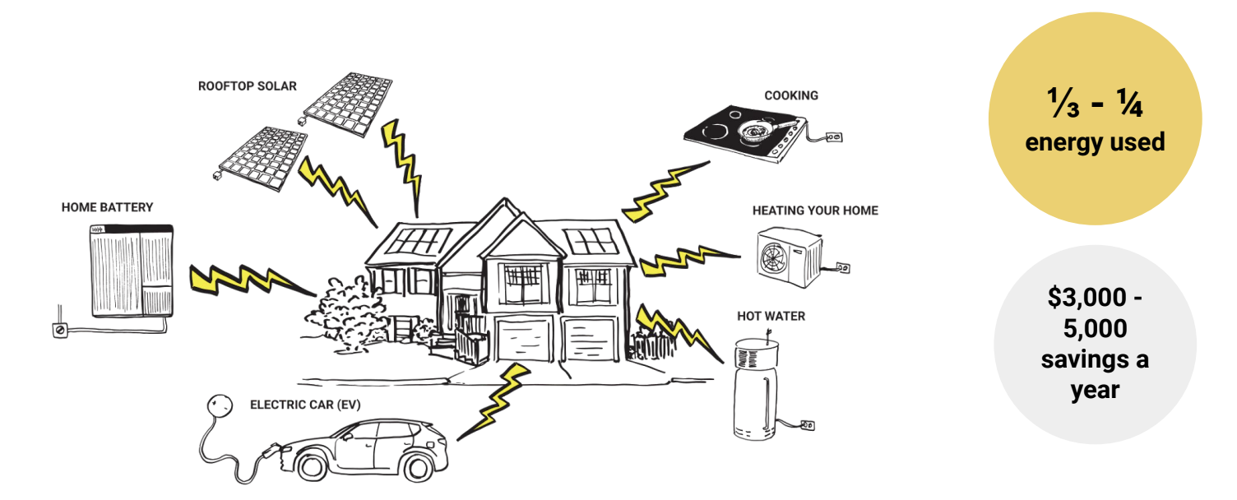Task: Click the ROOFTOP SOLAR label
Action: click(247, 86)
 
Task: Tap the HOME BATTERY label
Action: click(107, 208)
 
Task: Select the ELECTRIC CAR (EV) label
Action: click(305, 405)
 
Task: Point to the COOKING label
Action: click(791, 95)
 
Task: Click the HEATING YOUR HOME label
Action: click(815, 211)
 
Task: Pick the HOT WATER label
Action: click(771, 317)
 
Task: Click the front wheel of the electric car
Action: click(313, 466)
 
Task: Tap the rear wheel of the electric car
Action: click(417, 466)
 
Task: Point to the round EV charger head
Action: click(219, 405)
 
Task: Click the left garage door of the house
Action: click(523, 343)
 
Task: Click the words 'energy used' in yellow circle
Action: click(1095, 141)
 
